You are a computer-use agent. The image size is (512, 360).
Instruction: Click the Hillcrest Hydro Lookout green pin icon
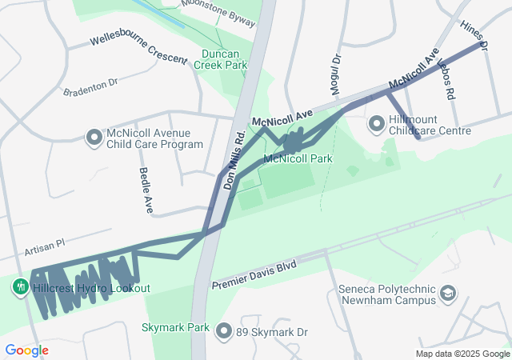[19, 286]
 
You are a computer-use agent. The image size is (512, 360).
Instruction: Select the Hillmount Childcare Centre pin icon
[376, 124]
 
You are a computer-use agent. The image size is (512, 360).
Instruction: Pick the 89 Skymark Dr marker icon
[224, 331]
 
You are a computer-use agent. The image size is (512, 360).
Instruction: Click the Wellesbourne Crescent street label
[133, 46]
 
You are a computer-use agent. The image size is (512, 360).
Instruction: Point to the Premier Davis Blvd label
[254, 274]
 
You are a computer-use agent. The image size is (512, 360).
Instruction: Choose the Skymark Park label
[175, 327]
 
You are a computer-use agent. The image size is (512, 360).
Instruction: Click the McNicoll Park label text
[298, 159]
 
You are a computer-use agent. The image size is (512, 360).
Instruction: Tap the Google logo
[26, 350]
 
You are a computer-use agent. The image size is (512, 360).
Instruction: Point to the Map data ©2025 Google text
[462, 354]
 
